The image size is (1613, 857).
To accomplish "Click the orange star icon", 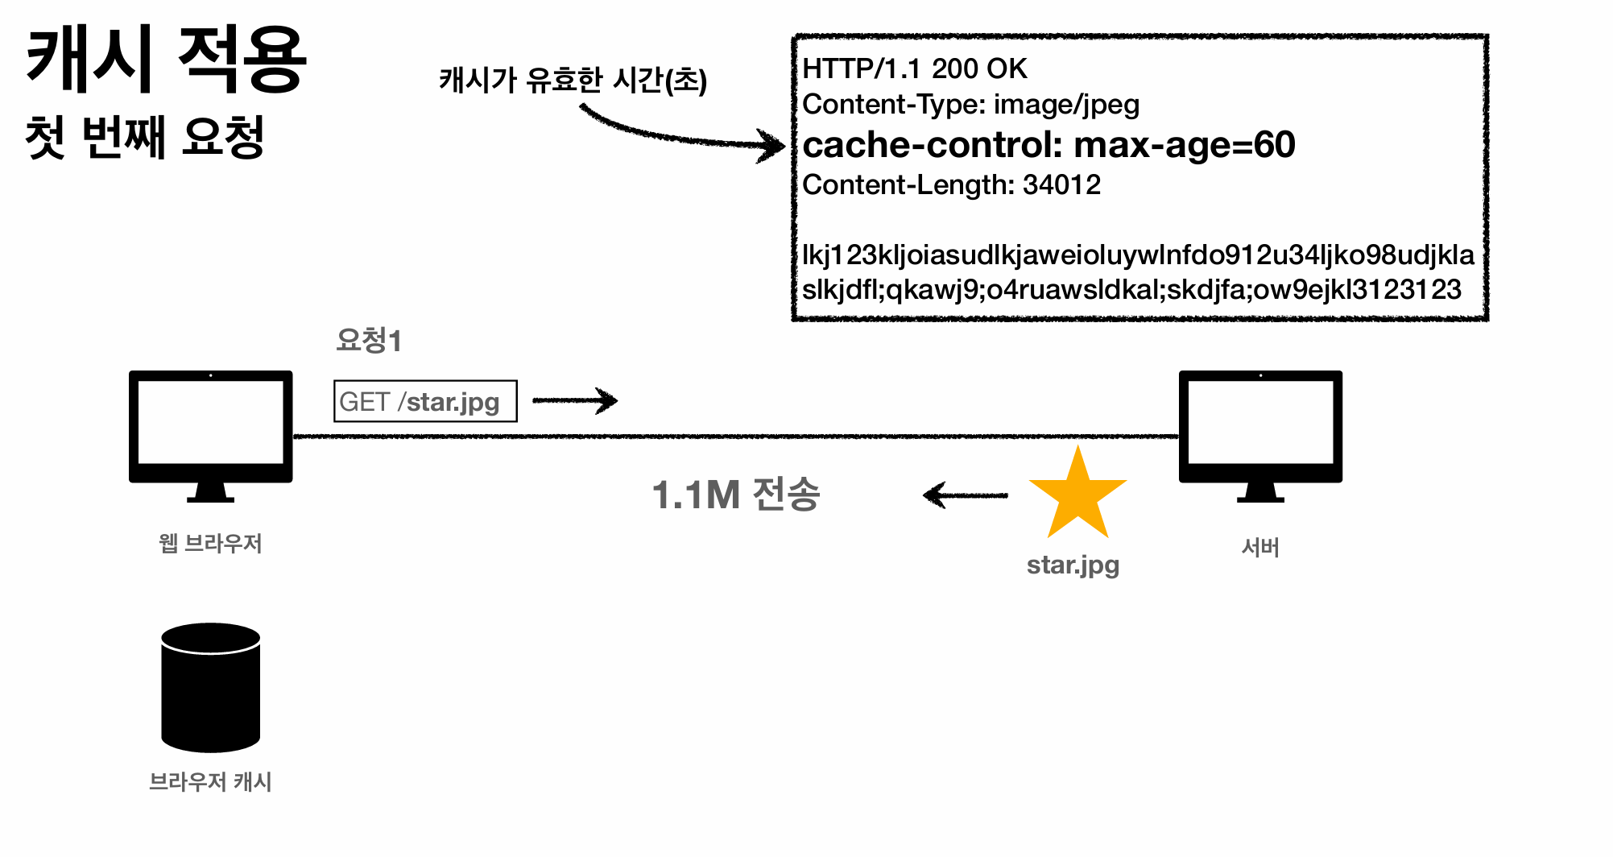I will (x=1077, y=495).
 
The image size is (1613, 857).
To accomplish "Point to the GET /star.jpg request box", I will (x=425, y=401).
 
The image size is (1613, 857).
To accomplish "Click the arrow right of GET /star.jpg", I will (x=574, y=400).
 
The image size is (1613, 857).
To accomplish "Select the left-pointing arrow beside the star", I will (x=965, y=495).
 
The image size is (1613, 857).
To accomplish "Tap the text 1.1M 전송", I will (x=735, y=495).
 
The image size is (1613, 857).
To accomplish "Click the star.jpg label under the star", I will (x=1073, y=565).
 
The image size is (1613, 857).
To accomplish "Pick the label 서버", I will (x=1260, y=548).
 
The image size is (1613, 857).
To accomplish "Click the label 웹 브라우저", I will (x=210, y=544).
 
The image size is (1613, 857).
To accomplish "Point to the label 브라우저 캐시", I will (x=210, y=781).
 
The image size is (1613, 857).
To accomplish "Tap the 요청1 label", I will (x=368, y=340).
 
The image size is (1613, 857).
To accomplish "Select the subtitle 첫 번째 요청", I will (x=145, y=137).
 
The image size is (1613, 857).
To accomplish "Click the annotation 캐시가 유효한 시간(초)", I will (x=573, y=80).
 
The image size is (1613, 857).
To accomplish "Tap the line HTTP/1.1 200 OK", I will (x=915, y=69).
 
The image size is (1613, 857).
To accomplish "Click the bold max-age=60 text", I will (x=1184, y=145).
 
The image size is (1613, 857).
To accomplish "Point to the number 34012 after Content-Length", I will (x=1061, y=185).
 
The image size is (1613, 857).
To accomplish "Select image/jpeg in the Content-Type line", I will (x=1066, y=105).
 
